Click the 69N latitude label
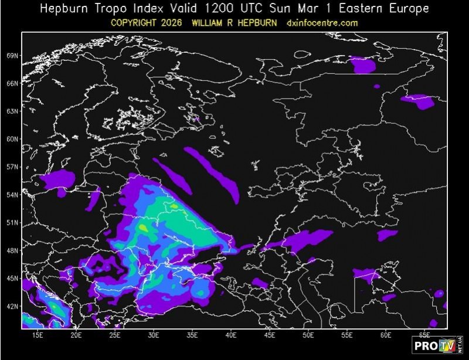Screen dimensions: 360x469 pyautogui.click(x=13, y=56)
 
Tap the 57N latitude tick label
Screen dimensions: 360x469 pyautogui.click(x=13, y=167)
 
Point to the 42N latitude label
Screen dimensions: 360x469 pyautogui.click(x=13, y=306)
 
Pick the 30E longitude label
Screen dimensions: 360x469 pyautogui.click(x=154, y=335)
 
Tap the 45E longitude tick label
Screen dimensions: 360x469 pyautogui.click(x=270, y=335)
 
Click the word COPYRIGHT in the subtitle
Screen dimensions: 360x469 pyautogui.click(x=136, y=22)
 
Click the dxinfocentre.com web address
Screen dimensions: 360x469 pyautogui.click(x=322, y=22)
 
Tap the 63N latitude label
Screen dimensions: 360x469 pyautogui.click(x=13, y=111)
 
